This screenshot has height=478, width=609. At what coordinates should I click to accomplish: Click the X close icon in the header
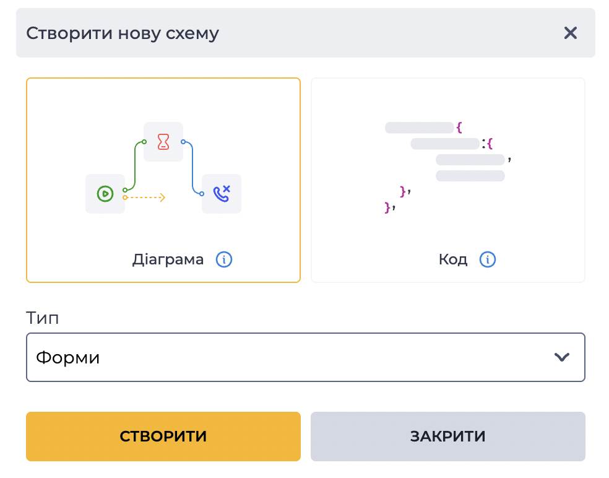(x=570, y=33)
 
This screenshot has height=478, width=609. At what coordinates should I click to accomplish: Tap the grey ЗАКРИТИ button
(x=448, y=437)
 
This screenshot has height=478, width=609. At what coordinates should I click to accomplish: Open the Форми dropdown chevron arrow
(x=561, y=357)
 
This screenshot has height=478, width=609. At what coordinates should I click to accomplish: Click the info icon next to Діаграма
(x=223, y=259)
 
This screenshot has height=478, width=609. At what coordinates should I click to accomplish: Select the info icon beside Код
(x=488, y=259)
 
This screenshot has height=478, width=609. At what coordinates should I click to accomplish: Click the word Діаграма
(x=168, y=259)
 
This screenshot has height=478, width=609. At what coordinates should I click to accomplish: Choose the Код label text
(x=453, y=259)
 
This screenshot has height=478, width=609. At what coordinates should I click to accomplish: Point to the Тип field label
(x=42, y=318)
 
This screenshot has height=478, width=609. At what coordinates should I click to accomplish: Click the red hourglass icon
(x=163, y=142)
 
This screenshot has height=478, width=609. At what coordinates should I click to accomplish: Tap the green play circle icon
(x=105, y=194)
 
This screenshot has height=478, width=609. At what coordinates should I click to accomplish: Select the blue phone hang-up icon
(x=222, y=194)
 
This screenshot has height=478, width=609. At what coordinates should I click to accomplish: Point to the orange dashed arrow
(x=144, y=198)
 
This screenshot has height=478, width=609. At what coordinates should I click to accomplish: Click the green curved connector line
(x=135, y=165)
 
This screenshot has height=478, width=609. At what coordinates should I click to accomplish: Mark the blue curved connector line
(x=192, y=168)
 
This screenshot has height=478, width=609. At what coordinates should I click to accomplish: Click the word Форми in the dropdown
(x=67, y=357)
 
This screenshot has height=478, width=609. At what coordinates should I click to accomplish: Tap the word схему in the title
(x=192, y=33)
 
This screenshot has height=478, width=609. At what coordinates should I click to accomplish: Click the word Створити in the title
(x=69, y=33)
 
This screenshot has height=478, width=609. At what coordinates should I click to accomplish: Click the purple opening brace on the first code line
(x=459, y=128)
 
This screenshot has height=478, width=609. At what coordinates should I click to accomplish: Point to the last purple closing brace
(x=387, y=207)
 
